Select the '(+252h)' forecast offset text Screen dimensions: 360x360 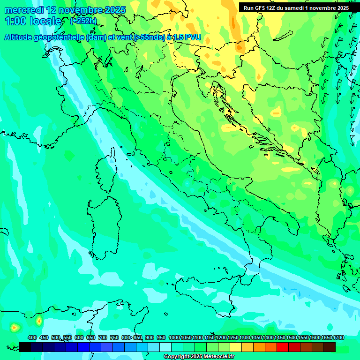point(83,21)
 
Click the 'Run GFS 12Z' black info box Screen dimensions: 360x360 point(296,8)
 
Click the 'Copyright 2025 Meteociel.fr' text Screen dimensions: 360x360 point(199,356)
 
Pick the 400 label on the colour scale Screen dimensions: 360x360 point(32,337)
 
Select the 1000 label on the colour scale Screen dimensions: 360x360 point(174,337)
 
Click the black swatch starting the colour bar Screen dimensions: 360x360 point(25,347)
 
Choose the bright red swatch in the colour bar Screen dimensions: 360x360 point(282,347)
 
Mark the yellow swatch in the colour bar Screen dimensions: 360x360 point(236,347)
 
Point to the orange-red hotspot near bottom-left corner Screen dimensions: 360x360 point(15,327)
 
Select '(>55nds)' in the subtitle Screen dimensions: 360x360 point(149,37)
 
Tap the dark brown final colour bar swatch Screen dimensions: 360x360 point(330,347)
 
